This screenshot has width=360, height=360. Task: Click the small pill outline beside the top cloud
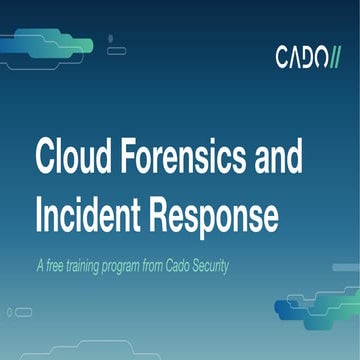click(x=116, y=50)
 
